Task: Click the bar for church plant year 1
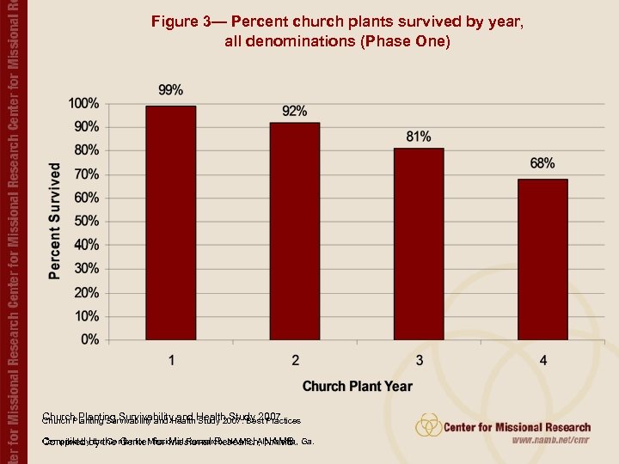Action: (x=170, y=223)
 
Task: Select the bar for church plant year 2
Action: (x=295, y=232)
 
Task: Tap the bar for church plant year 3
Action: (x=419, y=245)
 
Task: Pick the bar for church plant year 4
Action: (x=542, y=260)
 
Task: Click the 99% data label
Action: (x=170, y=90)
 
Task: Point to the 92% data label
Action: (x=295, y=111)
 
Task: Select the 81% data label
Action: (x=419, y=137)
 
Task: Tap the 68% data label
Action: (x=542, y=163)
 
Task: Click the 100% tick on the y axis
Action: (x=83, y=103)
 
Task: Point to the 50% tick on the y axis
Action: (x=86, y=222)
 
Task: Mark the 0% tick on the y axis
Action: (x=89, y=340)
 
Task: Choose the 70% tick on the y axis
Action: (x=86, y=174)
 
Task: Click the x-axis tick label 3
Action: (x=419, y=360)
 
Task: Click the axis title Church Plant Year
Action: (x=357, y=387)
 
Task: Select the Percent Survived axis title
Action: (x=55, y=221)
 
